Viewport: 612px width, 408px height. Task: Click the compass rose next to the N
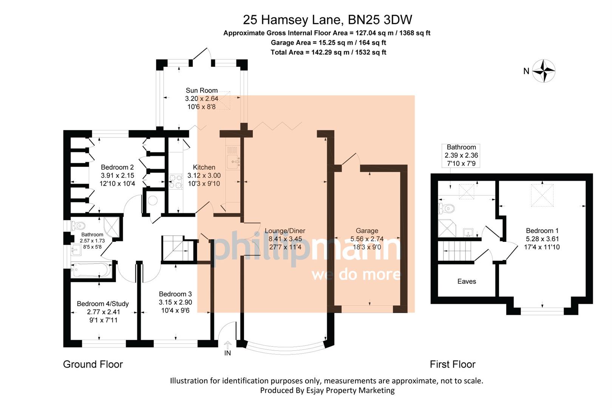tap(544, 71)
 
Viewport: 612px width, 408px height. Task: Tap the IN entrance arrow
tap(227, 345)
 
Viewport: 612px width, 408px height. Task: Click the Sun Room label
tap(201, 90)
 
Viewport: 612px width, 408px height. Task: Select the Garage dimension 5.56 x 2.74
tap(366, 239)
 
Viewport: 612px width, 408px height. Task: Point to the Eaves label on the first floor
tap(466, 281)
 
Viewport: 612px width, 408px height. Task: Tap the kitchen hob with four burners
tap(175, 181)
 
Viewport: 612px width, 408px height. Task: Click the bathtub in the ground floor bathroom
tap(92, 270)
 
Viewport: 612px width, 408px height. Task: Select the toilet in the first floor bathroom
tap(446, 208)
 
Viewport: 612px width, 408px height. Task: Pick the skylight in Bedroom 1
tap(542, 195)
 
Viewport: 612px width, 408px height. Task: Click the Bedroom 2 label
tap(117, 167)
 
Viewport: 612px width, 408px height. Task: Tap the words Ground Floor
tap(93, 364)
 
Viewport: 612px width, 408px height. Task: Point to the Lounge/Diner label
tap(285, 231)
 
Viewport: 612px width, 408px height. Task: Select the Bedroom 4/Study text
tap(103, 304)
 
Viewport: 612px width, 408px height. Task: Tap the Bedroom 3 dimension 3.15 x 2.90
tap(175, 302)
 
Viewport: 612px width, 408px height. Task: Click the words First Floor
tap(452, 364)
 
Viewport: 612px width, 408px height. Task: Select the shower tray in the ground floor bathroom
tap(111, 227)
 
